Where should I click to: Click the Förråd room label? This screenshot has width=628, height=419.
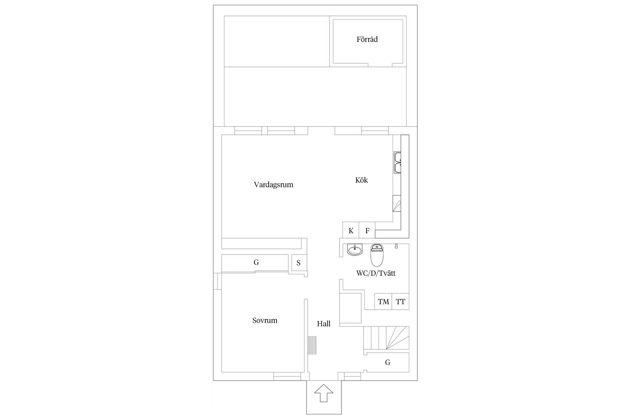(x=367, y=39)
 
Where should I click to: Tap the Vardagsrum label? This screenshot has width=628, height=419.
(x=274, y=185)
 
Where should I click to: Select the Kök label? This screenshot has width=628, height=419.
(x=362, y=180)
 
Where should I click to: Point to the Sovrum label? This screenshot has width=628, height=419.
(x=265, y=320)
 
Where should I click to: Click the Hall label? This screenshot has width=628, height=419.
(x=324, y=324)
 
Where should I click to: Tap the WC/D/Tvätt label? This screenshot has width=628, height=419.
(x=376, y=273)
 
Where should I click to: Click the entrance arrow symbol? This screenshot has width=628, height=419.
(x=324, y=393)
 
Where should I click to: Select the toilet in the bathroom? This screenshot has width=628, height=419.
(x=377, y=255)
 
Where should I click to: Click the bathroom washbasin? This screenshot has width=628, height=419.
(x=355, y=250)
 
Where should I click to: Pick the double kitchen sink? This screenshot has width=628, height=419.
(x=397, y=163)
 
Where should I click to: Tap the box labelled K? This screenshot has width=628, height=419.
(x=351, y=230)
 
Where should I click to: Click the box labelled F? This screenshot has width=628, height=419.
(x=367, y=230)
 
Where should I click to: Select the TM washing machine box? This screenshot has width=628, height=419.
(x=383, y=301)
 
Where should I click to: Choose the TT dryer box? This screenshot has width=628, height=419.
(x=400, y=301)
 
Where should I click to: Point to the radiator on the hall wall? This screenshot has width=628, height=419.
(x=312, y=345)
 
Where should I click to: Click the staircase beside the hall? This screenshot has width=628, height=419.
(x=386, y=338)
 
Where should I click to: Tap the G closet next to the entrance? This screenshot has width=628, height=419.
(x=388, y=363)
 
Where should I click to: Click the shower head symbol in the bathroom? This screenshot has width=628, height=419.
(x=396, y=246)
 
